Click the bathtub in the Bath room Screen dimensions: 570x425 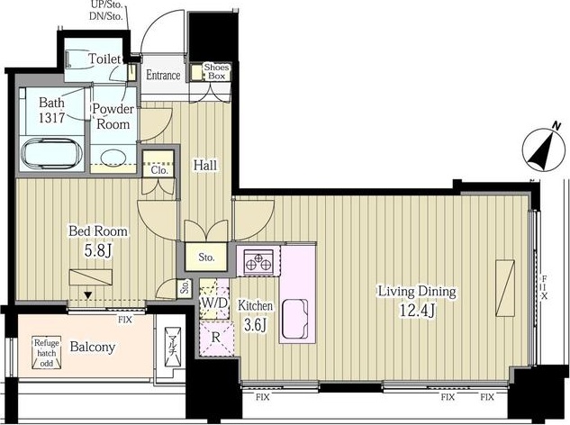click(51, 153)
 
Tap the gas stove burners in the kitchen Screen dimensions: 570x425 click(258, 261)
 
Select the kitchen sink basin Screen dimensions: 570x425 click(294, 319)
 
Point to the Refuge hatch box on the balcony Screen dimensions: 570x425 click(47, 352)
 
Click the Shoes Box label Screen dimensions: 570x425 click(216, 71)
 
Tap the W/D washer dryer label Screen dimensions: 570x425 click(214, 303)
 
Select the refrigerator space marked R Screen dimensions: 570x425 click(216, 339)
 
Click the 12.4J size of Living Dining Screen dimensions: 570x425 click(417, 310)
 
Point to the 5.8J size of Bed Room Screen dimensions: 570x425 click(98, 250)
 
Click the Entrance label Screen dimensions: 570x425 click(163, 75)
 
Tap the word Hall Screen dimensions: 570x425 click(205, 165)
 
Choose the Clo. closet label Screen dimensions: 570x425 click(159, 170)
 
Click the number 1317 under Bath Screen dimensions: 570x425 click(51, 117)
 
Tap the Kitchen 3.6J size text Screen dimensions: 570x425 click(255, 324)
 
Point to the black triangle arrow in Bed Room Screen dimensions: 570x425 click(87, 294)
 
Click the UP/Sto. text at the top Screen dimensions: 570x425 click(106, 5)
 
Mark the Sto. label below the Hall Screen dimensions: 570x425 click(206, 258)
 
